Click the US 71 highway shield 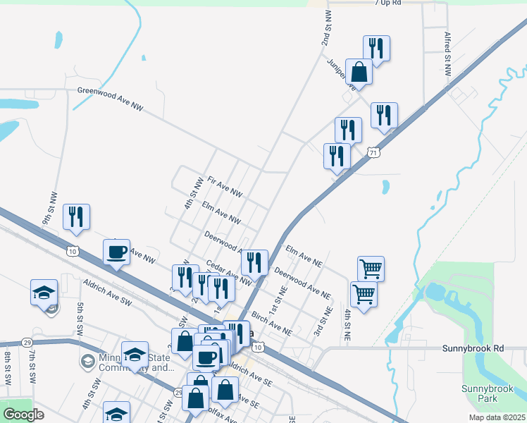[x=373, y=152]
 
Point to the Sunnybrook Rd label [x=473, y=348]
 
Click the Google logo [x=23, y=415]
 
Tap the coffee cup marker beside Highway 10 [x=117, y=252]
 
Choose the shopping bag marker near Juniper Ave [x=359, y=73]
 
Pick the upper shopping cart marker [x=371, y=269]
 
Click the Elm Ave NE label [x=304, y=256]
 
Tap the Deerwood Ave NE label [x=302, y=281]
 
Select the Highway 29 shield [x=27, y=342]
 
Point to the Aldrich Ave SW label [x=107, y=292]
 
